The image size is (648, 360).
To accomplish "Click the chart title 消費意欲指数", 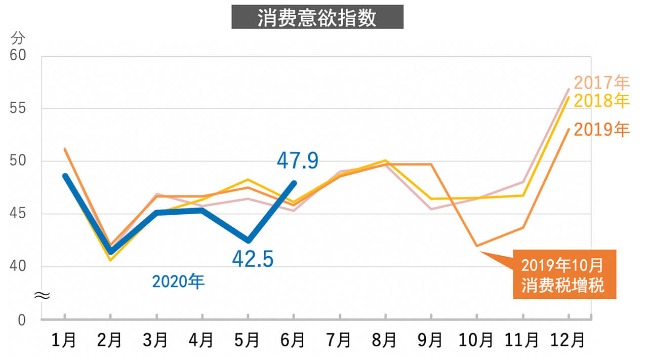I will tap(317, 17).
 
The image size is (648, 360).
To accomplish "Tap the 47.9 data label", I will tap(298, 161).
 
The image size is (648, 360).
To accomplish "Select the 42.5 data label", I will tap(253, 259).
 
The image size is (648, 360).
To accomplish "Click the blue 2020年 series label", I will tap(178, 282).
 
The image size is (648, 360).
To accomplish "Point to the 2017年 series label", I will tap(601, 83).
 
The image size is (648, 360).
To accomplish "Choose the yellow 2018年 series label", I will tap(601, 101).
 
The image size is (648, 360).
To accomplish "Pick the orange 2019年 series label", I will tap(601, 130).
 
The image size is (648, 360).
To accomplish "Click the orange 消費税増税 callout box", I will tap(564, 274).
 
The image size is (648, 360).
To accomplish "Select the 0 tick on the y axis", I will tap(21, 320).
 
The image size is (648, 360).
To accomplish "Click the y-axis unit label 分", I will tap(18, 38).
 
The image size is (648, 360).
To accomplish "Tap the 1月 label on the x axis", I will tap(64, 340).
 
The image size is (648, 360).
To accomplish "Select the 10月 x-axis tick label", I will tap(476, 340).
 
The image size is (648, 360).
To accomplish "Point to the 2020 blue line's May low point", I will tap(248, 241).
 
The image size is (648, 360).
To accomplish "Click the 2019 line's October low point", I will tap(477, 246).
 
